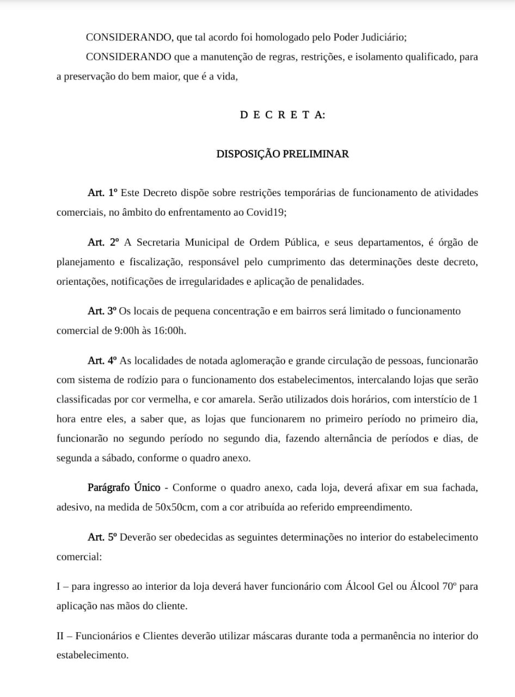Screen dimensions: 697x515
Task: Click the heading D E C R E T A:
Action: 283,115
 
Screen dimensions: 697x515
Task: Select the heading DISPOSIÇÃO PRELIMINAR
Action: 283,154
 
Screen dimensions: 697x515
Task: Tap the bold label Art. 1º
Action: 102,193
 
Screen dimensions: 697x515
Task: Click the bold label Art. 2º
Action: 103,242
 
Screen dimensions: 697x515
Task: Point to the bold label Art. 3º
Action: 102,311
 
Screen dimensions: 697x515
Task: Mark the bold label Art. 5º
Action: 102,537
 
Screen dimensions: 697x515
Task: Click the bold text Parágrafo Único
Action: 124,487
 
